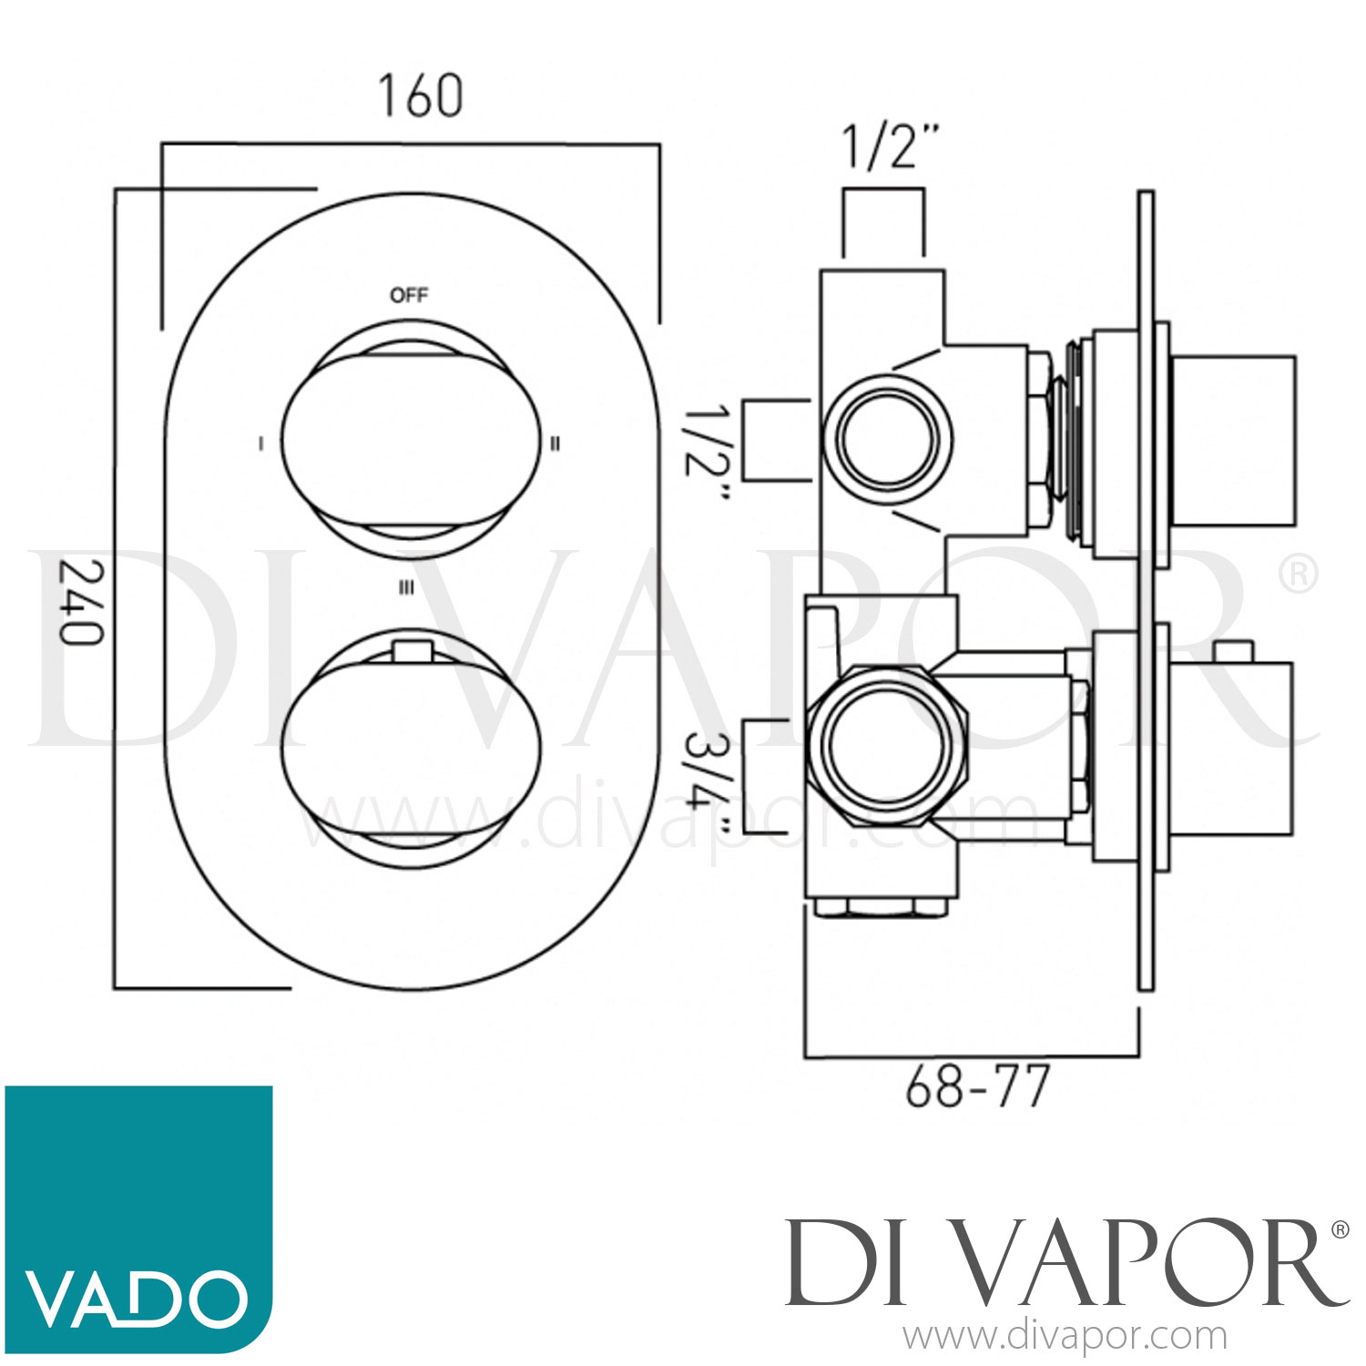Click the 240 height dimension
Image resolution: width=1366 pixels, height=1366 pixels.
pos(80,602)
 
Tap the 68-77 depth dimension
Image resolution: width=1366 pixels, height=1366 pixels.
pos(977,1086)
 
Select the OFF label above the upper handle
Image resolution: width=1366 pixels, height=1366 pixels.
pos(409,295)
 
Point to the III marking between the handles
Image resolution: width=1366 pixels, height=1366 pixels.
pos(406,588)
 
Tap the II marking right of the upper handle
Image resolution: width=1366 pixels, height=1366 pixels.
pos(555,443)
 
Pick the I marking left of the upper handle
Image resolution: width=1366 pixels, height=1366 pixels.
pos(261,443)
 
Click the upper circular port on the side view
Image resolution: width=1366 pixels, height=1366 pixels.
pos(888,439)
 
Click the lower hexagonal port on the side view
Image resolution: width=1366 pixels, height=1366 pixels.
pos(887,744)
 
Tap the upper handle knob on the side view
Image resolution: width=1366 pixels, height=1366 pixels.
pos(1231,441)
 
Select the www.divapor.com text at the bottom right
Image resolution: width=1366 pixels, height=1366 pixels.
pos(1065,1337)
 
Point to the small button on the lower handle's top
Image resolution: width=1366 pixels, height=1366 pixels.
pos(409,650)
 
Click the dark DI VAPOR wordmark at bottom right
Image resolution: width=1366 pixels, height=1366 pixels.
pos(1065,1263)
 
